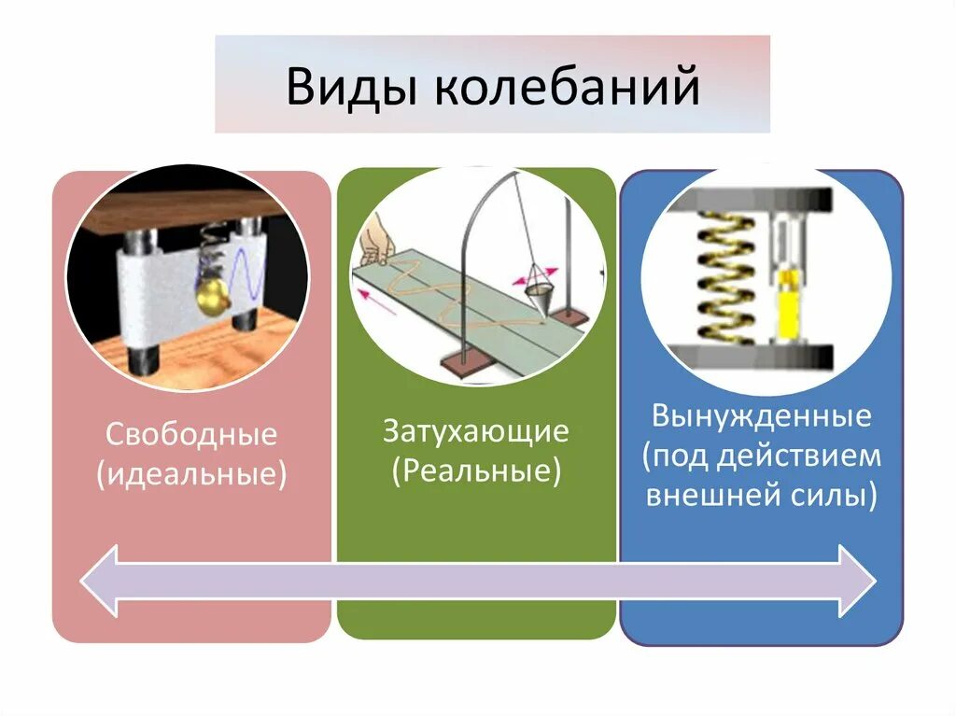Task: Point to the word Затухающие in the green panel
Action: [x=476, y=431]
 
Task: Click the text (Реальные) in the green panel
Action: [x=476, y=470]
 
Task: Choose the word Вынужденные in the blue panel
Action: [x=762, y=416]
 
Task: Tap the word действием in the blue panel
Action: [x=808, y=456]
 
